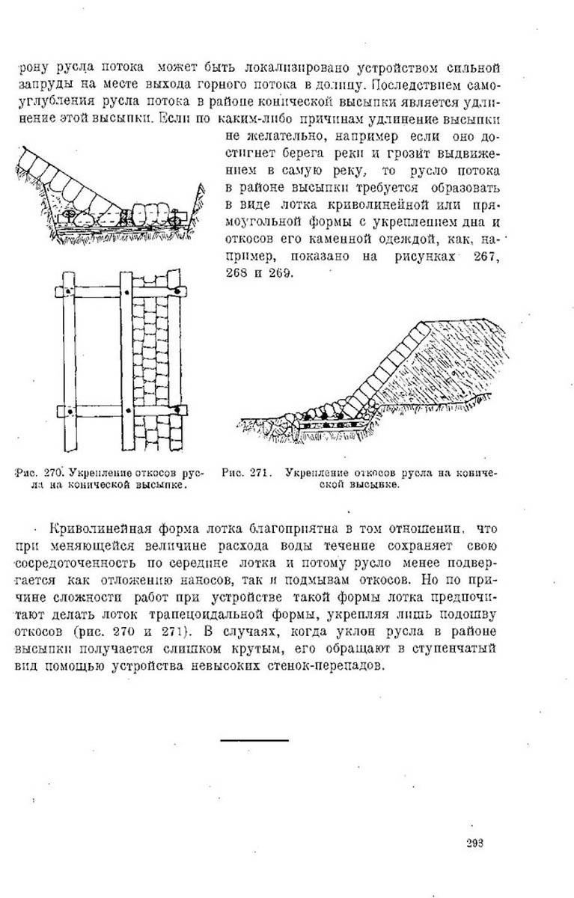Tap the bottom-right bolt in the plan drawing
click(180, 409)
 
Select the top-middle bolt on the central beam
click(123, 290)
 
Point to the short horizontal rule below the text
click(254, 739)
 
